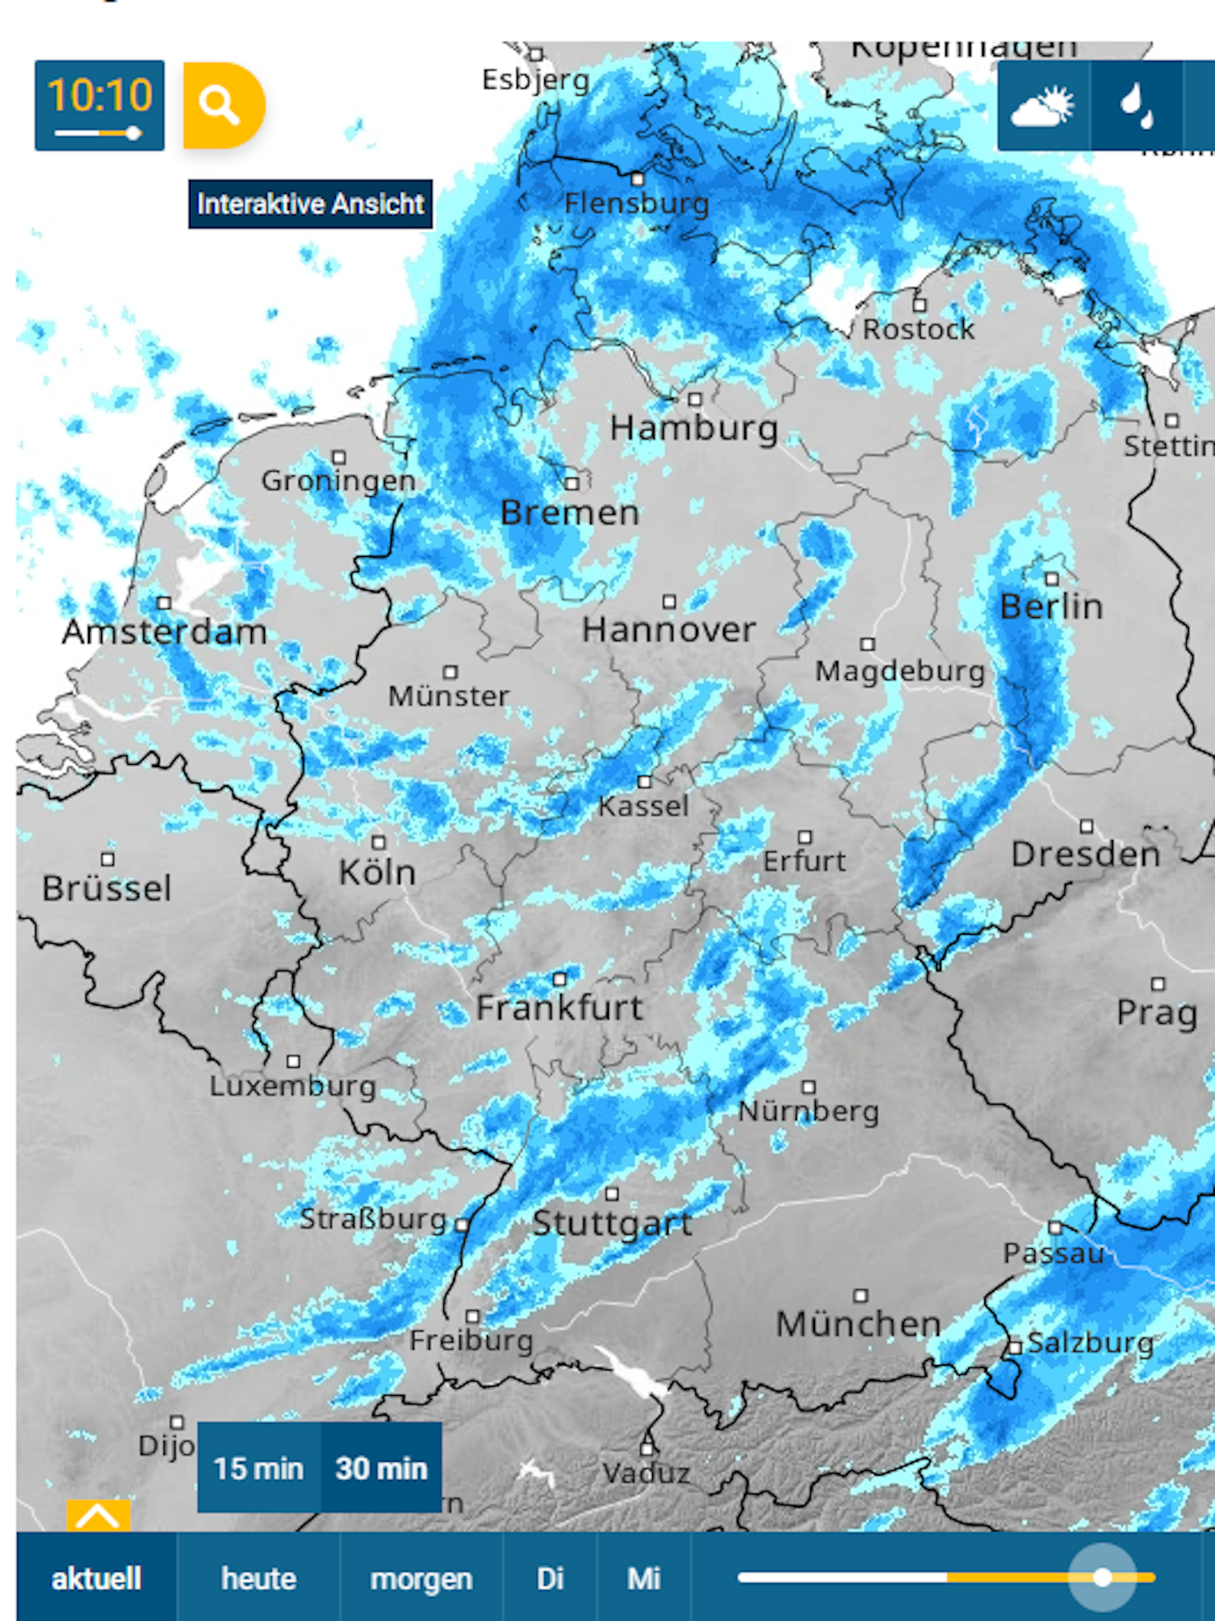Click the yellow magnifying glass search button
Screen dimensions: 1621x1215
223,105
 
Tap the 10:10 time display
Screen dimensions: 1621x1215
100,105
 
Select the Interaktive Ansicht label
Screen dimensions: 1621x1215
310,204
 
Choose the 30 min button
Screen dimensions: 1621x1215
381,1468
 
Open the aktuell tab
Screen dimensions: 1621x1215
96,1578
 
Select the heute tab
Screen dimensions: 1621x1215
259,1578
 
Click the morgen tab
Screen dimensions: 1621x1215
421,1578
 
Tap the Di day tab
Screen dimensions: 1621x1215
549,1578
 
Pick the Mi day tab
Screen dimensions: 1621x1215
644,1578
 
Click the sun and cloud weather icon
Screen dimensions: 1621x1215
1043,106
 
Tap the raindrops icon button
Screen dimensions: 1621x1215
1137,106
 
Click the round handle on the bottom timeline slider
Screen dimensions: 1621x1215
1101,1577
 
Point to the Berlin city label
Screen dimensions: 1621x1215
1051,607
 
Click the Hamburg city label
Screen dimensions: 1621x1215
694,428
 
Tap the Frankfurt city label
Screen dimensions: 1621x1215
559,1008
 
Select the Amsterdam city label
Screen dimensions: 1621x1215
164,631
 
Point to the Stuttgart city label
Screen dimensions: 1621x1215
612,1223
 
